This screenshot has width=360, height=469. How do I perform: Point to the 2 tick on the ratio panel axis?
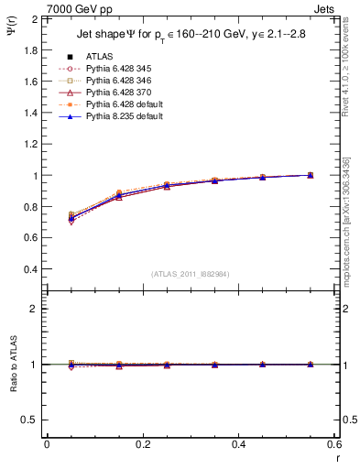(x=32, y=309)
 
